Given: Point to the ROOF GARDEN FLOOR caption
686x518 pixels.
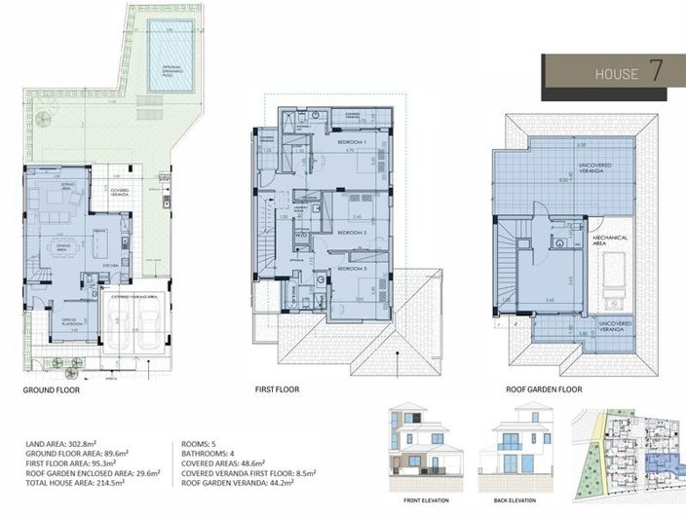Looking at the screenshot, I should point(545,389).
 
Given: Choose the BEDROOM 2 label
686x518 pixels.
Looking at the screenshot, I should point(351,234).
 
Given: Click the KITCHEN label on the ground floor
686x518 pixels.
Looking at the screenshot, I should point(111,264).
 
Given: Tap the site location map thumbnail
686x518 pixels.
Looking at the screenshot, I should point(631,453).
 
